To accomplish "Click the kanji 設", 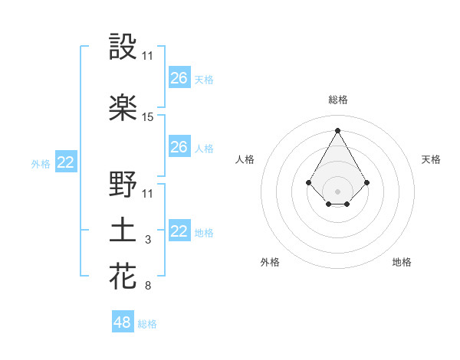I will (123, 47).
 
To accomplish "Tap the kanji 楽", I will (123, 108).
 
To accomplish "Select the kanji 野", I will (123, 185).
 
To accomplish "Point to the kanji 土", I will (123, 231).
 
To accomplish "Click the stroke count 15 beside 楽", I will (148, 117).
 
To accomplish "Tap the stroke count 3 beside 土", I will (148, 241).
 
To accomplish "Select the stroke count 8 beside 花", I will (148, 286).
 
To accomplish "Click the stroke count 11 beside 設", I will (148, 56).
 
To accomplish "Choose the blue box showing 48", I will (123, 322).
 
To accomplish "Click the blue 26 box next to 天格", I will (179, 78).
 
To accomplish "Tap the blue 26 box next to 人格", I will (179, 147).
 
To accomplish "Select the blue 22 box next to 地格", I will (179, 231).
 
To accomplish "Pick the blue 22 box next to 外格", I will (65, 162).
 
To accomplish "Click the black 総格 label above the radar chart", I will (338, 100).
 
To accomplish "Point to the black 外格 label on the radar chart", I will (270, 262).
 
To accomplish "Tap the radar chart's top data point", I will (337, 130).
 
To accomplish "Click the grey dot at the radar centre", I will (337, 191).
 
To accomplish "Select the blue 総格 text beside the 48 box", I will (147, 324).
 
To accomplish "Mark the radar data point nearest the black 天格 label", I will (367, 182).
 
